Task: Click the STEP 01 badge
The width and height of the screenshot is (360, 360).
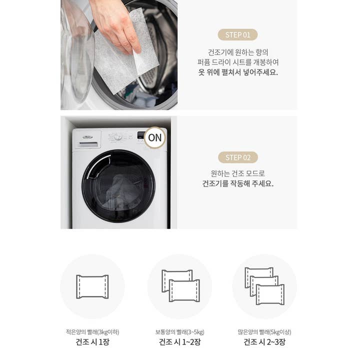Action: (x=237, y=35)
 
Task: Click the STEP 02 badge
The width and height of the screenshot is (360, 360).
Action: (x=238, y=157)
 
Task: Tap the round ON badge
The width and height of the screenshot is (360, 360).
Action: (x=155, y=138)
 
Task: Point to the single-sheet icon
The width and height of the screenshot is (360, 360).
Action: (x=92, y=287)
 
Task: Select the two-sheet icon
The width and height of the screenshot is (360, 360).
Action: (x=180, y=286)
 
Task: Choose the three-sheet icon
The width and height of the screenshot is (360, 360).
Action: (x=264, y=286)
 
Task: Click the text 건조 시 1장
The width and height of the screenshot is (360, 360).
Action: (x=92, y=342)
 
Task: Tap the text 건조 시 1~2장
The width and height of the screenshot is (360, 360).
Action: (x=180, y=342)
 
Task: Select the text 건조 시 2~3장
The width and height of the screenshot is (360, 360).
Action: (x=264, y=342)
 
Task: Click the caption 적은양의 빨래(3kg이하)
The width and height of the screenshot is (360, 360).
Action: (x=92, y=332)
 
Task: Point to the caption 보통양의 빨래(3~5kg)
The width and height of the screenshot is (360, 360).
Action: (x=180, y=332)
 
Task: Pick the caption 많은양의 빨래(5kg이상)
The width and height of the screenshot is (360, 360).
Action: (x=264, y=332)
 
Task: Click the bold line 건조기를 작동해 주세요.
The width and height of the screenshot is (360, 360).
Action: (x=238, y=183)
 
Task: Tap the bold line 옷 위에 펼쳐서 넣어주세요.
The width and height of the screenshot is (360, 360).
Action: (x=238, y=72)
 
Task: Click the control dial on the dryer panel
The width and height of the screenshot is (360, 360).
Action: (x=118, y=136)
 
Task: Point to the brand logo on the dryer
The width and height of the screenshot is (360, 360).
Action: (x=87, y=137)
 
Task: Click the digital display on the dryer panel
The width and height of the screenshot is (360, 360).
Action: (x=140, y=135)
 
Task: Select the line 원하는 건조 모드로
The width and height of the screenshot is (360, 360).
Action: (x=238, y=173)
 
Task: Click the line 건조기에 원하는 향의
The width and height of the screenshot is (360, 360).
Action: (x=238, y=52)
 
